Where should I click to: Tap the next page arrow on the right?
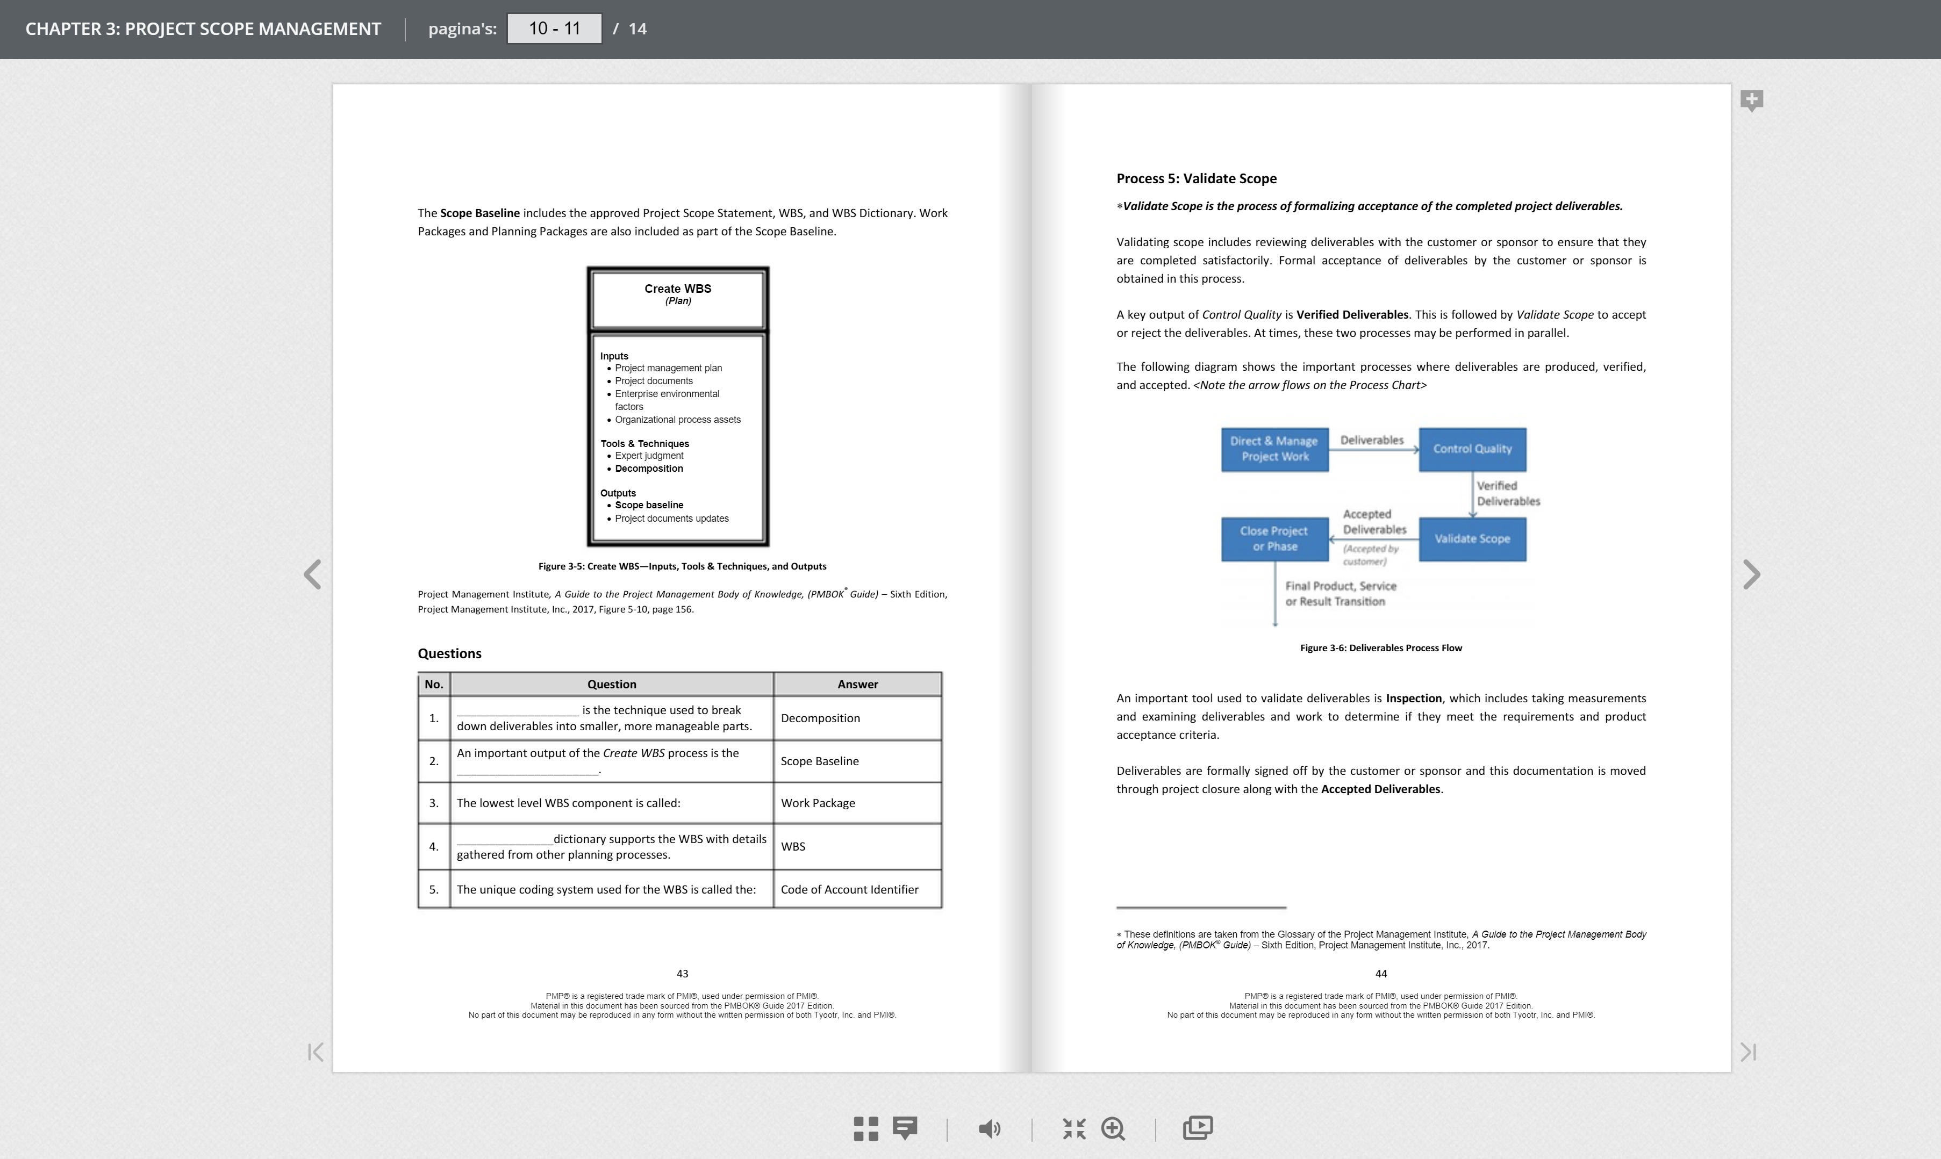[x=1751, y=575]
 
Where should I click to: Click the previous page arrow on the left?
[x=312, y=575]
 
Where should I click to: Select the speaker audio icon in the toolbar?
[x=989, y=1128]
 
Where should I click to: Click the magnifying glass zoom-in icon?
[x=1113, y=1128]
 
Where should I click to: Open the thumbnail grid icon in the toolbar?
[x=865, y=1128]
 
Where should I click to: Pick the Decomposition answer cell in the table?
[x=857, y=718]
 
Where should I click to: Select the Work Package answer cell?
[x=857, y=803]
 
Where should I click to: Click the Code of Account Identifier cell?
[x=857, y=890]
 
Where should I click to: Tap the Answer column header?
[x=857, y=684]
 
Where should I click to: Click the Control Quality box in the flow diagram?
[x=1472, y=449]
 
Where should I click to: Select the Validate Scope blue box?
[x=1472, y=539]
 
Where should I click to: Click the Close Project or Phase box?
[x=1274, y=539]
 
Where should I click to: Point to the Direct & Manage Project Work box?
[x=1274, y=449]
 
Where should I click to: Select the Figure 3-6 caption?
[x=1380, y=648]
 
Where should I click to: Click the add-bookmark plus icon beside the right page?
[x=1751, y=100]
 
